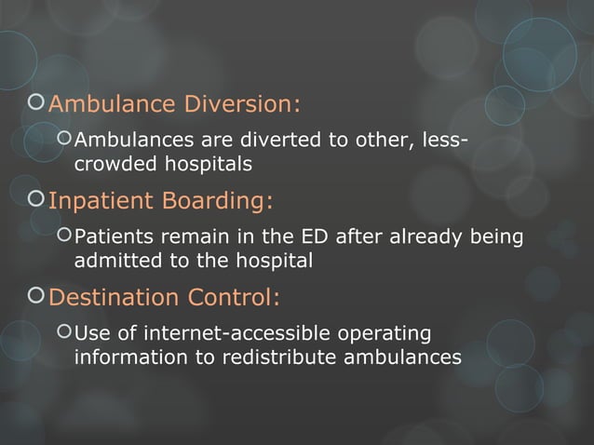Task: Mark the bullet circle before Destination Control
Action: (x=35, y=298)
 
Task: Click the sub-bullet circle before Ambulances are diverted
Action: (x=63, y=141)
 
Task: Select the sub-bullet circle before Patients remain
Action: (x=63, y=237)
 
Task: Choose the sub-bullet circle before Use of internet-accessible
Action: (x=63, y=333)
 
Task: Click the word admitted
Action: (x=116, y=262)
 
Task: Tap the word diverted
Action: (x=260, y=142)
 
